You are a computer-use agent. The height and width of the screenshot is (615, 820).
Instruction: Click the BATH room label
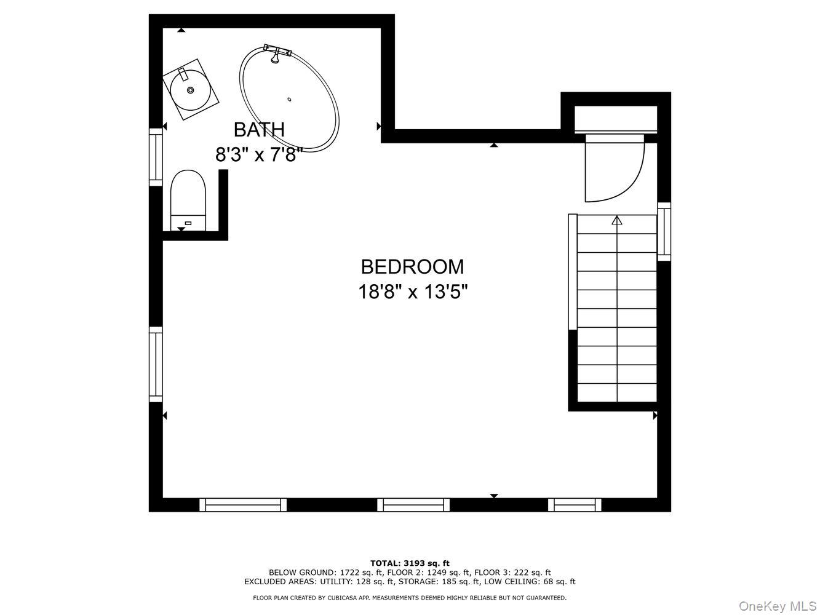(259, 130)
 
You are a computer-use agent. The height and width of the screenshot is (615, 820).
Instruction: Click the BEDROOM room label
(412, 267)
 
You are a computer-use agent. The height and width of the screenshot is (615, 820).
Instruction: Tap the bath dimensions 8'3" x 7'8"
(259, 154)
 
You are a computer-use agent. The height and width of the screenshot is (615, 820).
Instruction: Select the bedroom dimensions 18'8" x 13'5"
(413, 292)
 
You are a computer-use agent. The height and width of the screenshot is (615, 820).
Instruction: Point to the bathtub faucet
(276, 52)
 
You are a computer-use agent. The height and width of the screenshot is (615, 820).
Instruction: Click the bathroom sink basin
(190, 90)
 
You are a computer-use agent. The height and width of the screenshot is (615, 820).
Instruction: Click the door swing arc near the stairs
(615, 169)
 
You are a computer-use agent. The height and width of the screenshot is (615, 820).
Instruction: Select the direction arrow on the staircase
(617, 221)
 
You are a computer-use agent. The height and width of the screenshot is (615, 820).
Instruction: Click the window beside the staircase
(664, 231)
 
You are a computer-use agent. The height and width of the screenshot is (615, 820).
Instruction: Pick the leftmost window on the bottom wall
(243, 505)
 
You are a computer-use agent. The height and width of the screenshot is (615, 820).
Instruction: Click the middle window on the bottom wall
(413, 505)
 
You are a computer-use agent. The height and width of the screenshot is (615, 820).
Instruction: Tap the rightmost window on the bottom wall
(575, 505)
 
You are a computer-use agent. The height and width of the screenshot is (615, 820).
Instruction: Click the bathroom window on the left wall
(156, 156)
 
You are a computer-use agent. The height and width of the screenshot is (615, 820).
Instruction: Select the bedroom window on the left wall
(156, 364)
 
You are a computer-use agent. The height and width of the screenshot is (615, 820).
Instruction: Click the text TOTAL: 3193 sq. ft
(410, 563)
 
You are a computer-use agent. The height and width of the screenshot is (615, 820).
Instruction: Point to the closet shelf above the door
(616, 118)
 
